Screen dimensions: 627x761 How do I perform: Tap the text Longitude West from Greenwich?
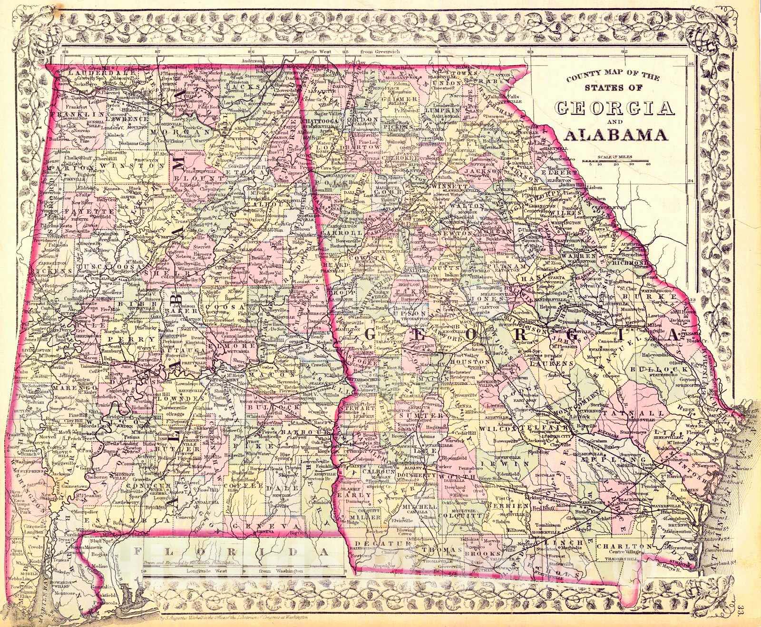pos(357,51)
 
